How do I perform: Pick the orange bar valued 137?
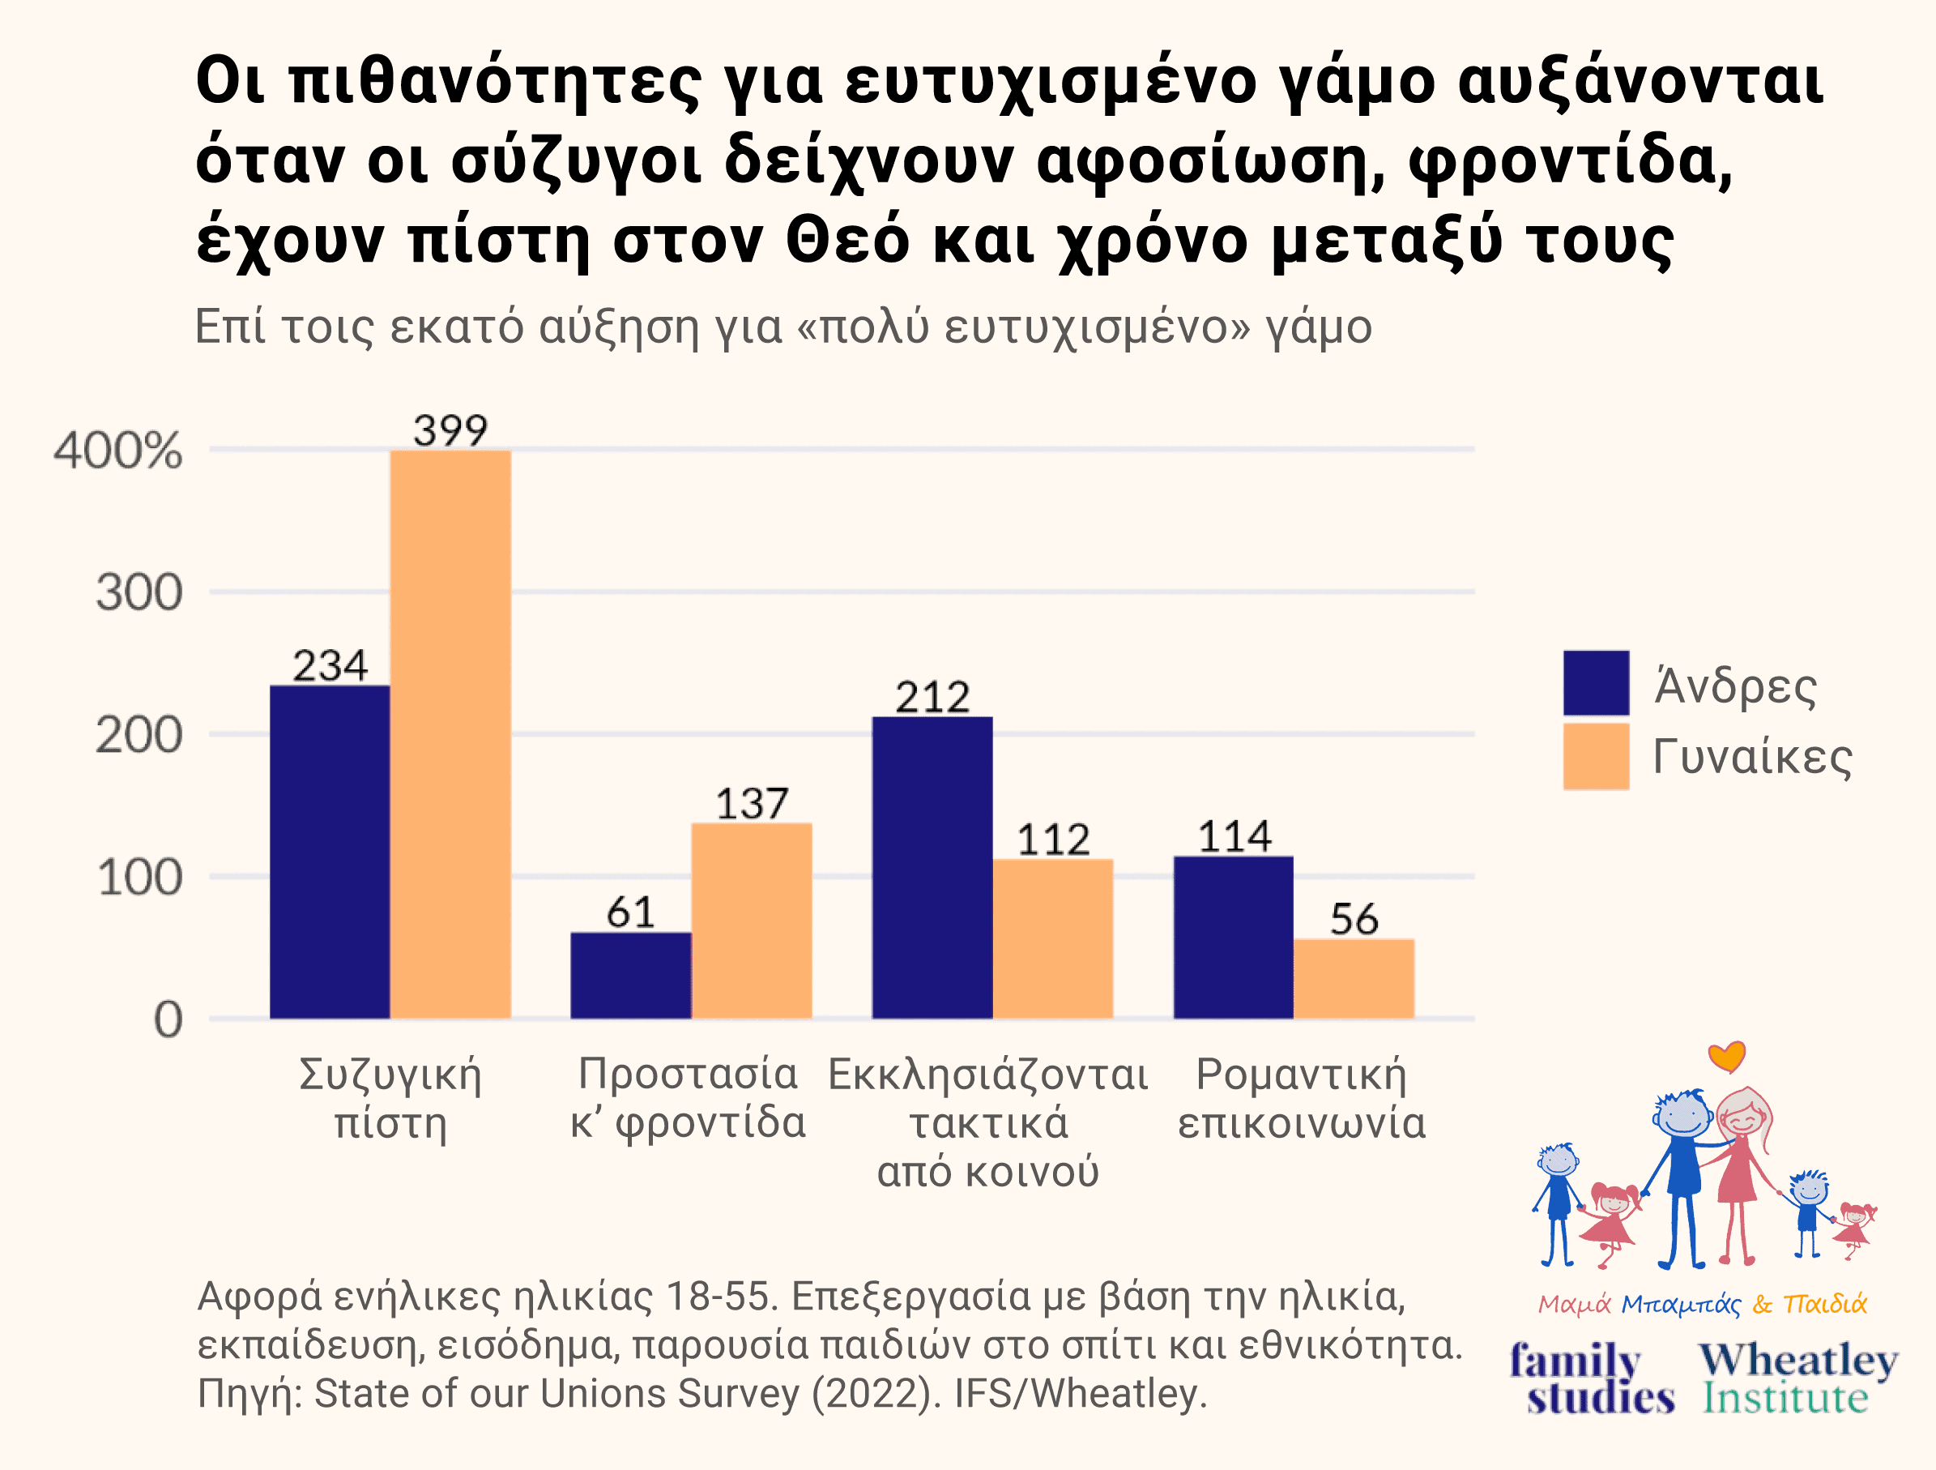751,921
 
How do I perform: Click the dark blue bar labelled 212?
932,867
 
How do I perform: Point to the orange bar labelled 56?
1353,978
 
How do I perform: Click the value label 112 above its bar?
1053,840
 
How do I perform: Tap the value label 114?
1233,837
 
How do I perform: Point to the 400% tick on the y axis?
118,451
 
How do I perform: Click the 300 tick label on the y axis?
139,594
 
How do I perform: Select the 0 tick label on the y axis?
168,1020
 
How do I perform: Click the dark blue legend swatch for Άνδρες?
1596,683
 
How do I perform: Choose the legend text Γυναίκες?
1752,758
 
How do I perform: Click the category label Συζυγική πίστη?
390,1098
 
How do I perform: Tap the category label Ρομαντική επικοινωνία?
1302,1098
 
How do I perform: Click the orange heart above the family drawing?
1727,1057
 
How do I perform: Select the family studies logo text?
1592,1379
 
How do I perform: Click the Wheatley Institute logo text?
1797,1379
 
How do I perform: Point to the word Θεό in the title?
847,240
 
